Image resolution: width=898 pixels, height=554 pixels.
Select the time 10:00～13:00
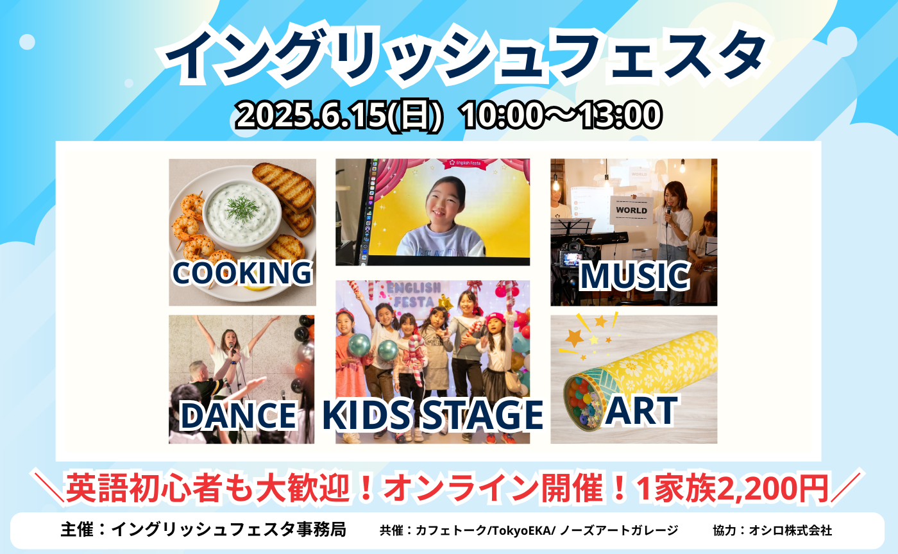coord(560,116)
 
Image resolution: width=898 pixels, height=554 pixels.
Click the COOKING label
coord(242,273)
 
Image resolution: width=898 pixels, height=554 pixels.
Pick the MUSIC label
coord(634,276)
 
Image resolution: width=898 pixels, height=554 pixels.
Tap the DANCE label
coord(238,415)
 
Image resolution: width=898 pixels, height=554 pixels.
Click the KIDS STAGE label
coord(433,415)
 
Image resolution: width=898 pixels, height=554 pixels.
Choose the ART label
coord(641,411)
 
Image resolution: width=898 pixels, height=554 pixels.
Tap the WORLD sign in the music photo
coord(632,210)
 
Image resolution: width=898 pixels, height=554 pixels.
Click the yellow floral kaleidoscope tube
coord(648,372)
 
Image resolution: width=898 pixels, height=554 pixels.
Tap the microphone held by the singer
coord(668,212)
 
